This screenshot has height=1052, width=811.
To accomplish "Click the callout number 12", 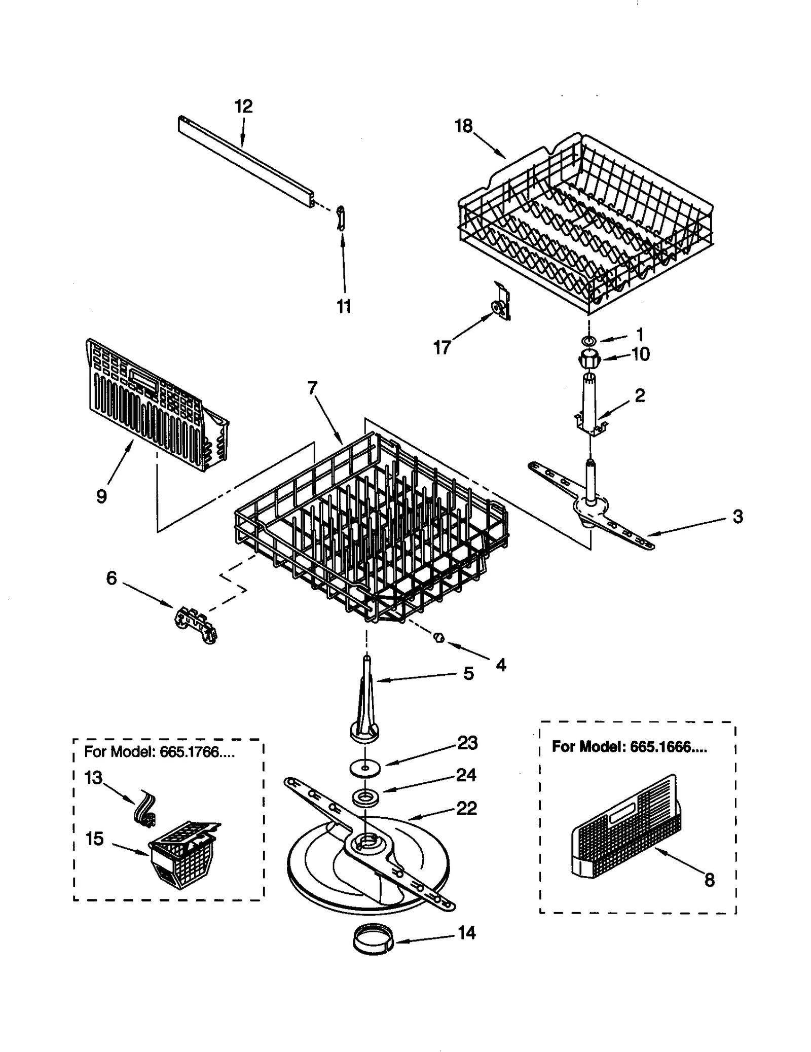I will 243,106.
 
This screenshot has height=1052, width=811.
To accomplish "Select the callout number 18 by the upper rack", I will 463,126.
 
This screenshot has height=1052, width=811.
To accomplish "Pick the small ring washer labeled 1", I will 588,339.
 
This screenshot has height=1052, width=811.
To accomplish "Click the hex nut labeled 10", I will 588,358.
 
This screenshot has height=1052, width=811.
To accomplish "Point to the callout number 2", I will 640,395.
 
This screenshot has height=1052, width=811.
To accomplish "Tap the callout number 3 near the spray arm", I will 738,516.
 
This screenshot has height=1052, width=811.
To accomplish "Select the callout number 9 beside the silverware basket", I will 101,496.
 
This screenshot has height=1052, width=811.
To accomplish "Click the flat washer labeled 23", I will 364,768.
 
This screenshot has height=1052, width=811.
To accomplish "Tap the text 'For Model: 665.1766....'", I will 159,752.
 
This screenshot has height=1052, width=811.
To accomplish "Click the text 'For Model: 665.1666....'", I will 629,747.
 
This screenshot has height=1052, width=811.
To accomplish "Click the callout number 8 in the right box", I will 709,880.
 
